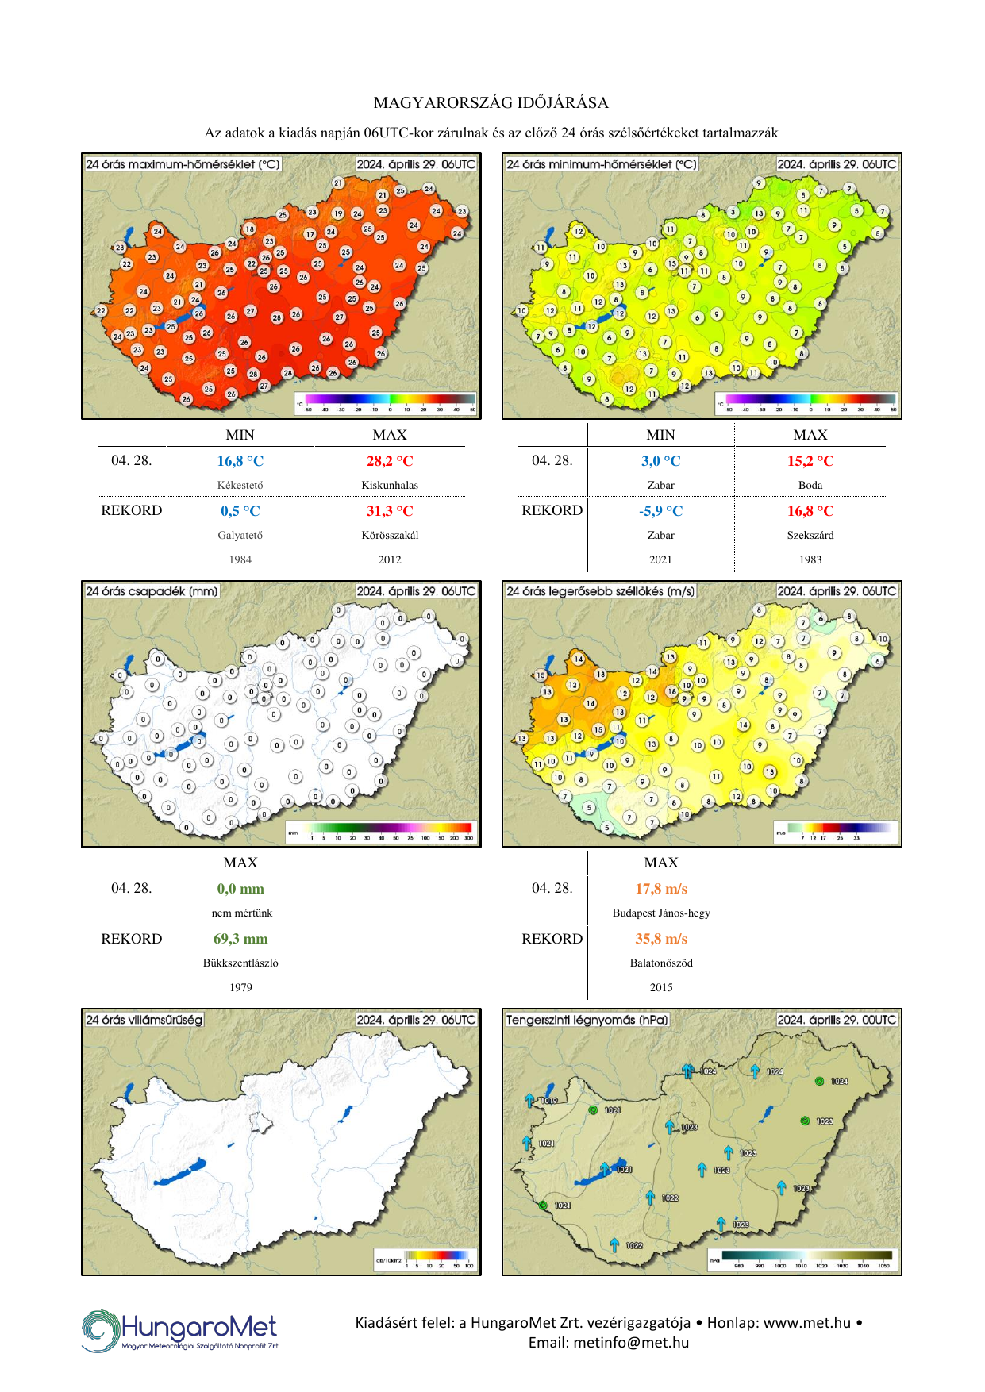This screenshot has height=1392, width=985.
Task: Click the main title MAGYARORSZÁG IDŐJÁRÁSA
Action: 491,103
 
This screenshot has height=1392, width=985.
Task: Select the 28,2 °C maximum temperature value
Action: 390,461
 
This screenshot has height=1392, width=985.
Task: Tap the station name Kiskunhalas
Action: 390,485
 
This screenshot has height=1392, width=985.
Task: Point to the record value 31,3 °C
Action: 390,511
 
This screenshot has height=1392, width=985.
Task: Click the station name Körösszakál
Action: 390,535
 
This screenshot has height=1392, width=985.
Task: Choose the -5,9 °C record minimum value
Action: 660,511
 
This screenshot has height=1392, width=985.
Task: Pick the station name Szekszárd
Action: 810,535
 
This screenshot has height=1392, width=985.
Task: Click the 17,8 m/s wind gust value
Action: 661,889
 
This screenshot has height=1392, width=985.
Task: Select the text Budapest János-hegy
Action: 661,913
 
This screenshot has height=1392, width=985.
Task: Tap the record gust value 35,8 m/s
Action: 661,939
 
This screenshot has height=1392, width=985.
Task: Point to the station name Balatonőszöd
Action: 661,963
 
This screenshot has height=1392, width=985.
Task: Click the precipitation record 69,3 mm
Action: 240,939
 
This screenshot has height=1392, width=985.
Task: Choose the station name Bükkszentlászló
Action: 240,963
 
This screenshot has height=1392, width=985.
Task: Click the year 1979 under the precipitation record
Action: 240,987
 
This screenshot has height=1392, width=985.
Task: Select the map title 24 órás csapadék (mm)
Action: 152,591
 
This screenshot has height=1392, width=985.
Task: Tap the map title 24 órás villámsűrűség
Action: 144,1020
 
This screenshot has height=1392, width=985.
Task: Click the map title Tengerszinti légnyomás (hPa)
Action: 587,1020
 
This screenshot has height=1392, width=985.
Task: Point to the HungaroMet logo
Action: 180,1330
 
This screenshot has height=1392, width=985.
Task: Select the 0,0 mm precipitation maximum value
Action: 240,889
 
